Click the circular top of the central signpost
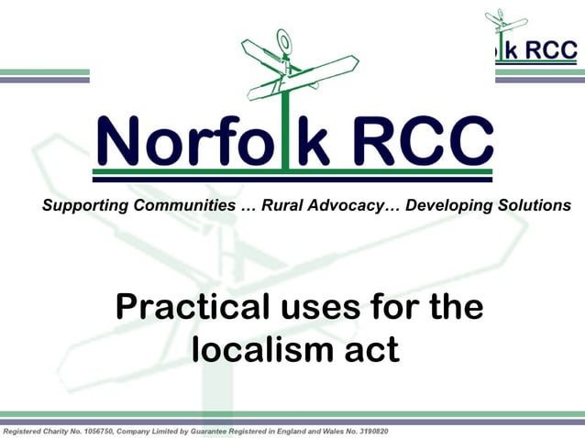click(x=284, y=39)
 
